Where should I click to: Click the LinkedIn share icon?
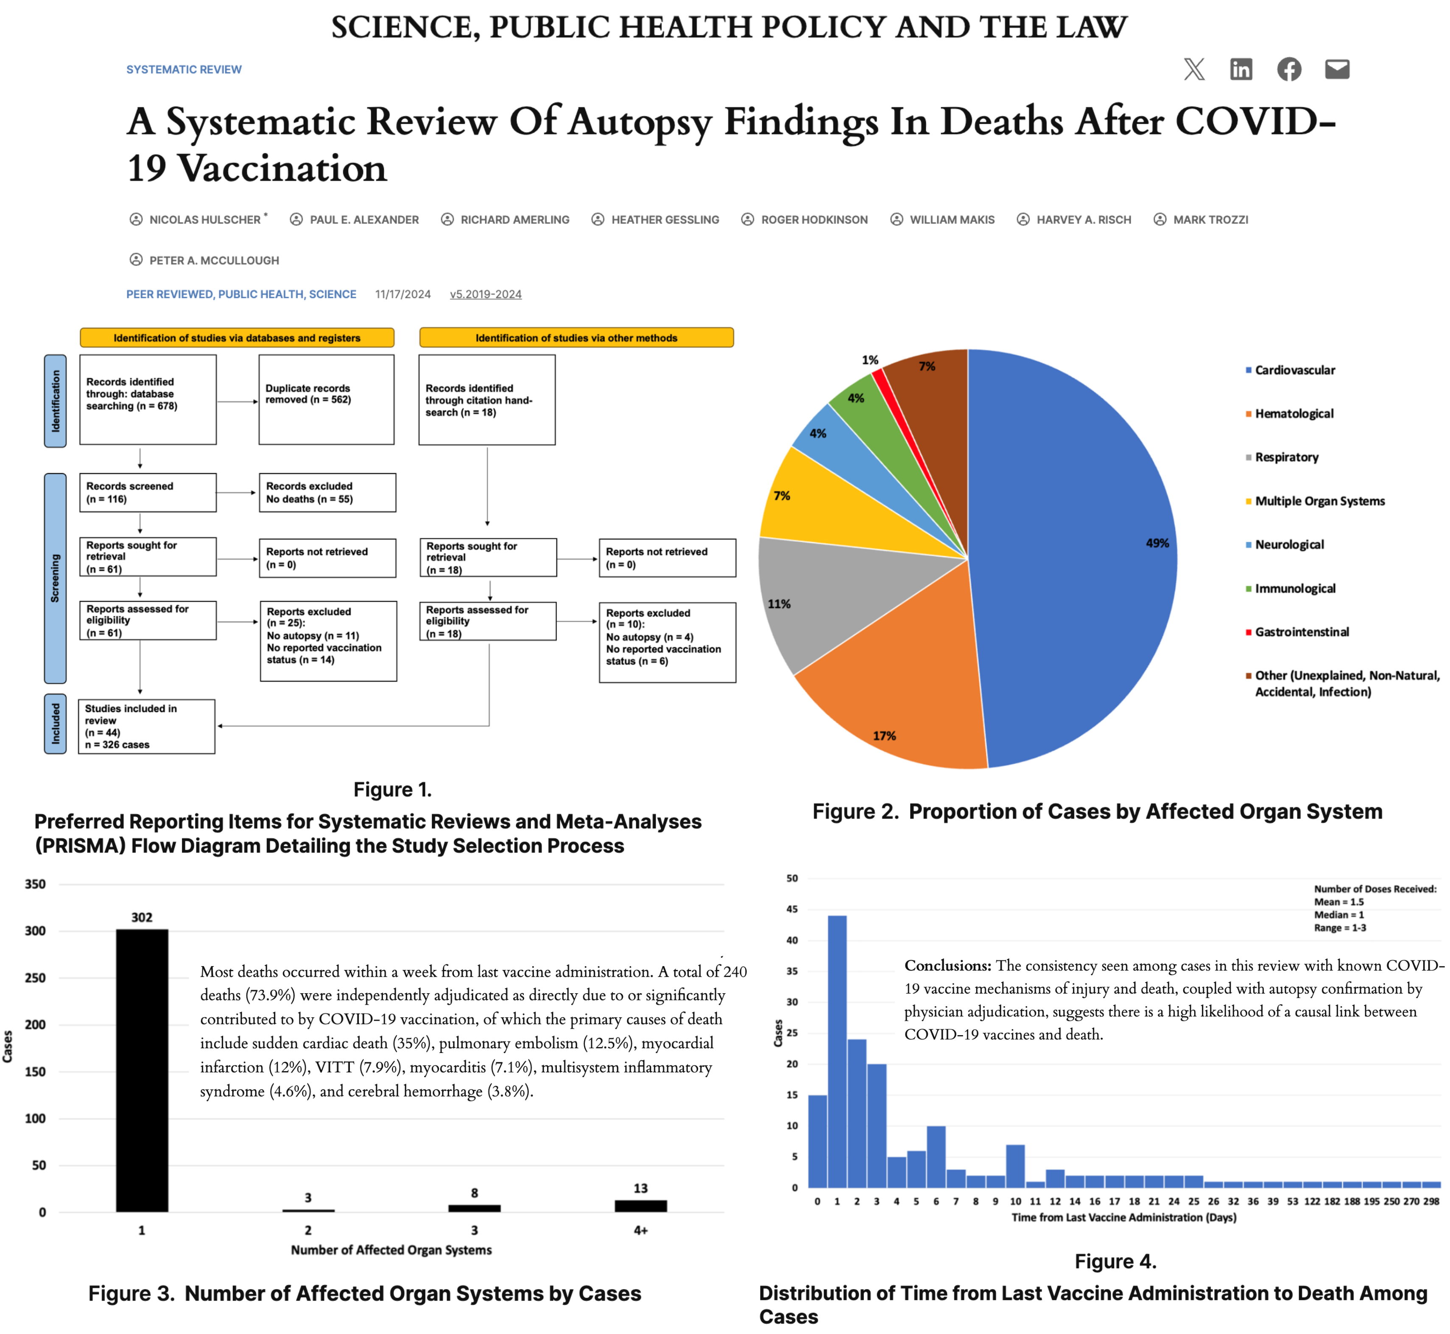1240,69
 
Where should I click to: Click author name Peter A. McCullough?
214,261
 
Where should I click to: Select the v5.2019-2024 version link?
485,295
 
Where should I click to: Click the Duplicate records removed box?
327,399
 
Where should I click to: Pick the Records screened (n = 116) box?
147,492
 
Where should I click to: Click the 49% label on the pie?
1157,543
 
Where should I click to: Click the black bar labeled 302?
142,1068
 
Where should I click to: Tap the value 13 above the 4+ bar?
640,1188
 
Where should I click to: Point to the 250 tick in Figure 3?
35,978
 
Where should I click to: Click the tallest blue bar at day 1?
837,1050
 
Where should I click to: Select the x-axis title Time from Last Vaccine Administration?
1123,1218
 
